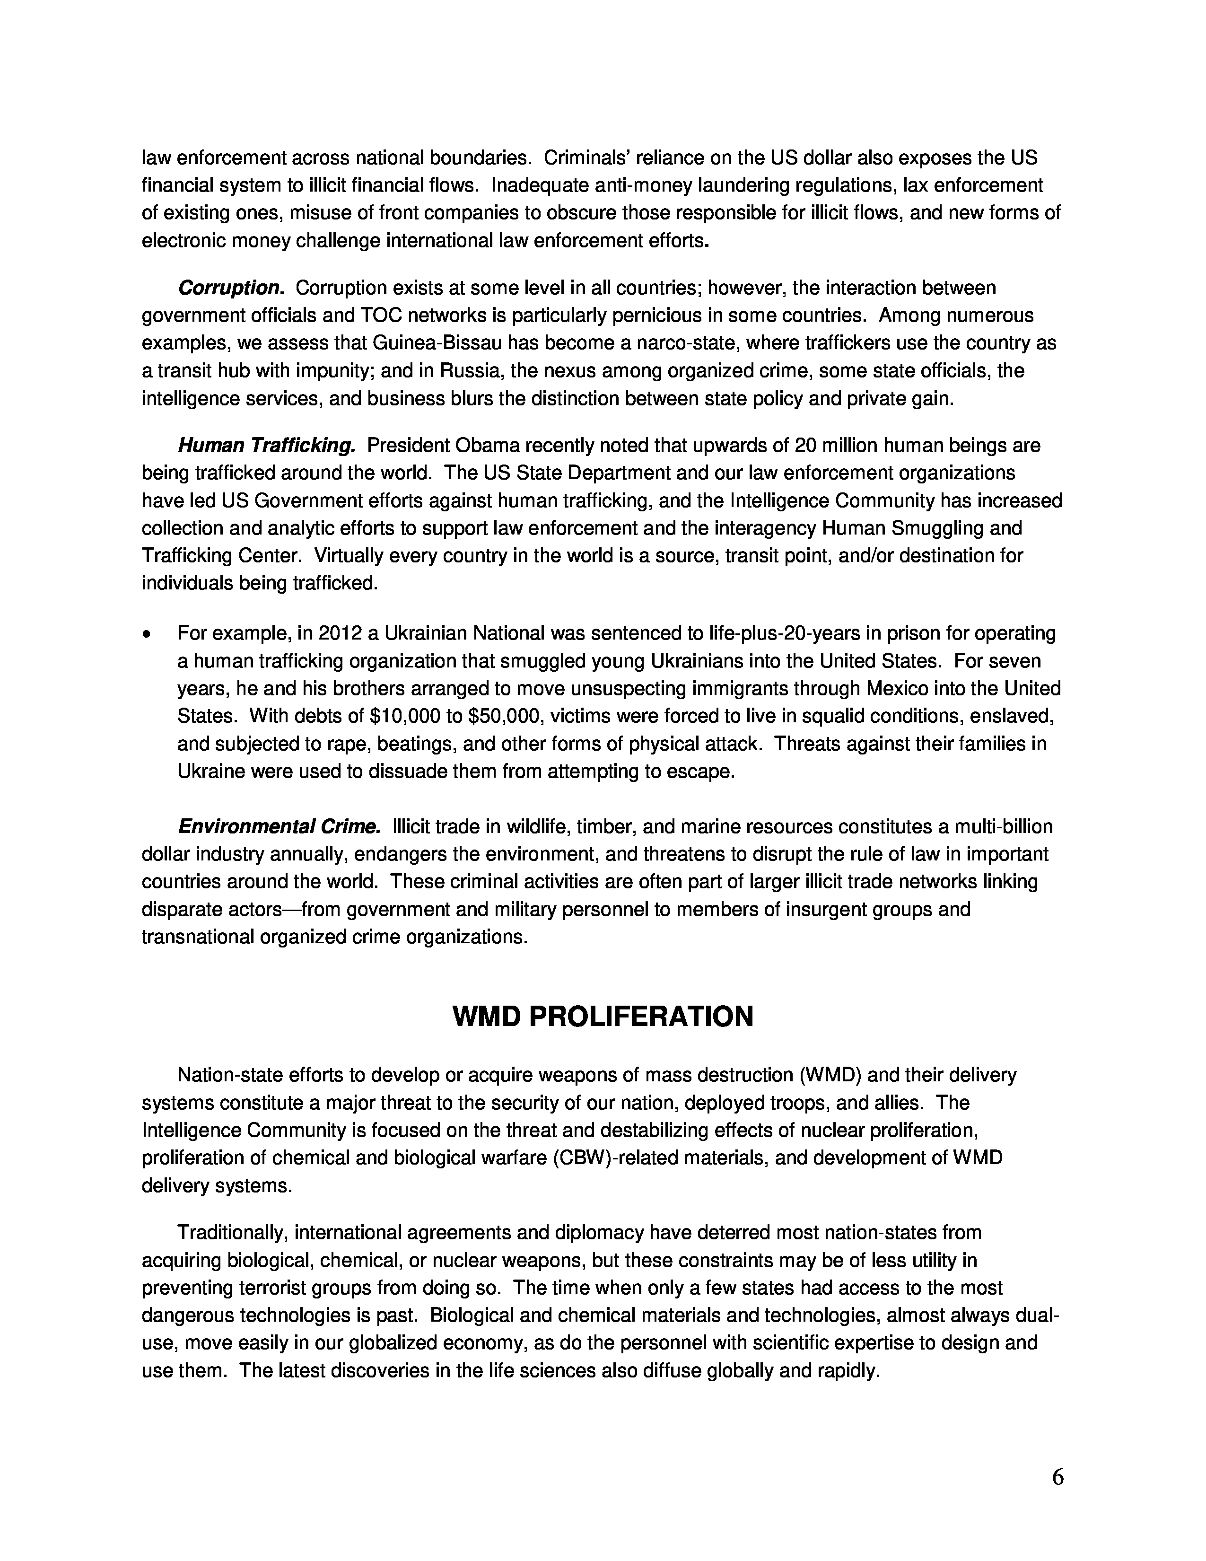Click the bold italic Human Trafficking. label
click(x=266, y=446)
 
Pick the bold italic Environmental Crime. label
click(x=279, y=827)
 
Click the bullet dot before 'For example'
click(x=147, y=634)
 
